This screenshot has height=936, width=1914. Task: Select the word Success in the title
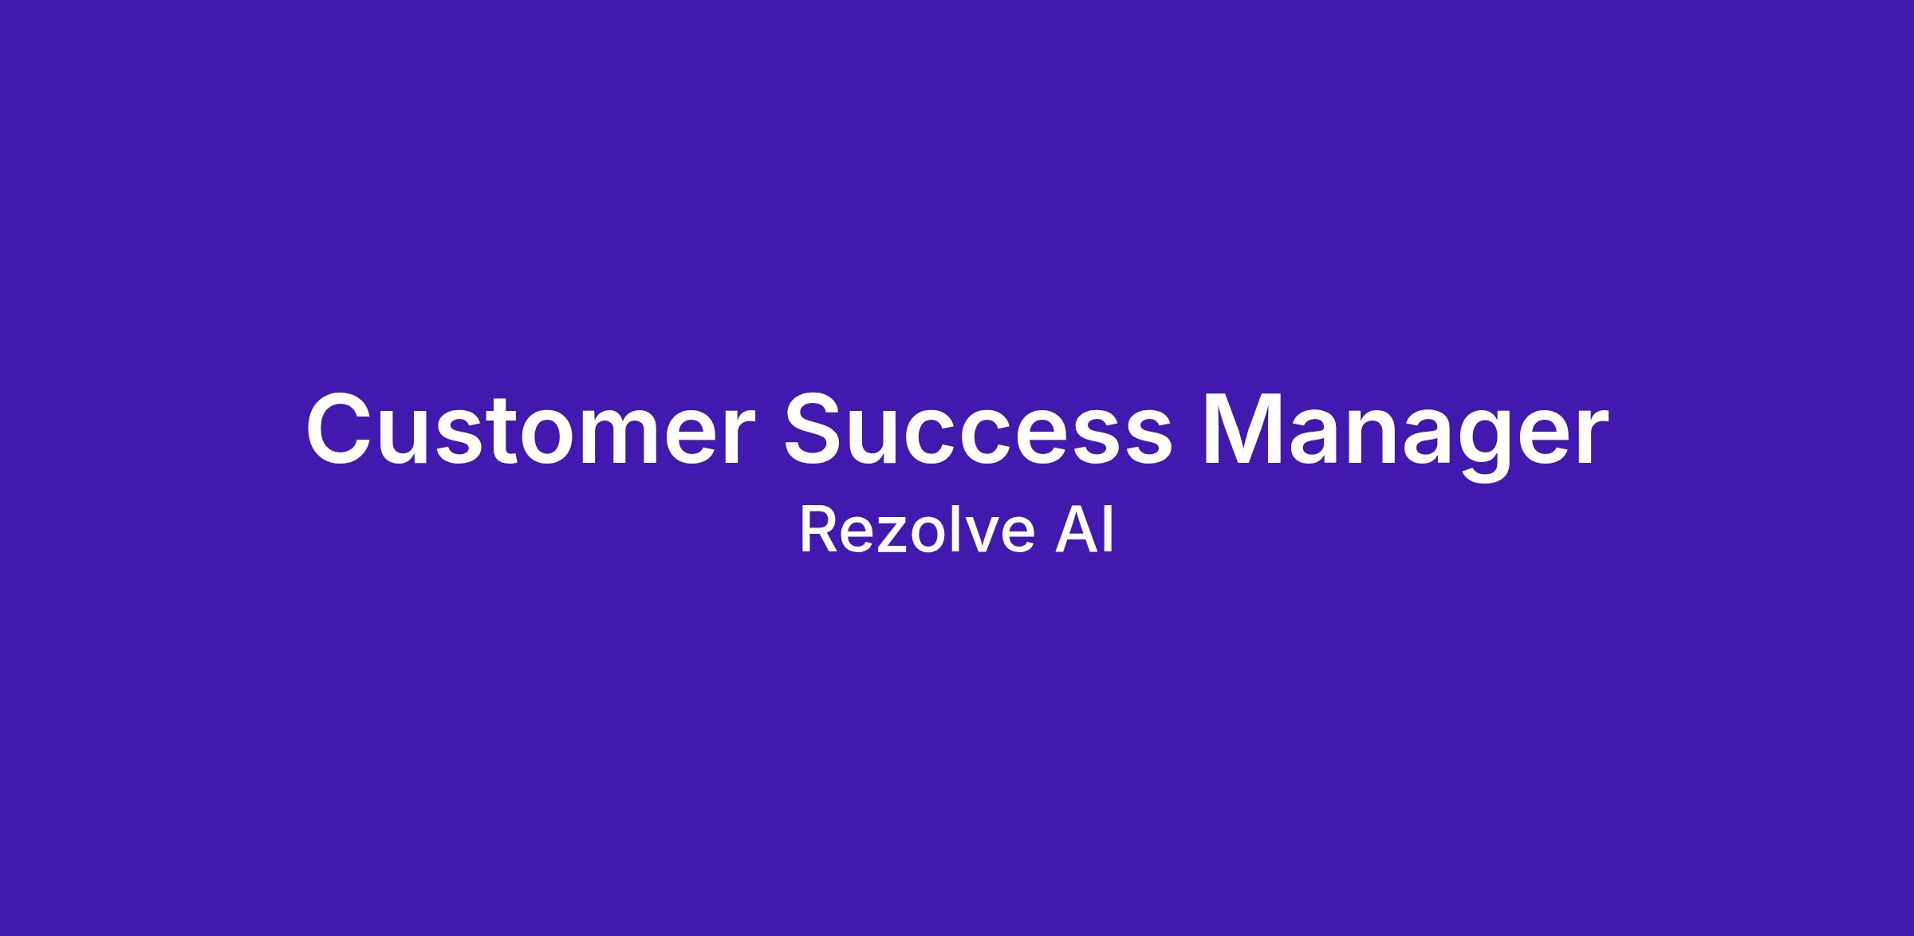click(979, 429)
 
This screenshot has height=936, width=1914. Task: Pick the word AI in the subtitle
click(1084, 531)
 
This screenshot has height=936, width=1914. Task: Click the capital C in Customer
click(341, 429)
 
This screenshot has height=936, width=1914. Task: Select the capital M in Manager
click(1240, 429)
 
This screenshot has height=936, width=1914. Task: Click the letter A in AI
click(1074, 531)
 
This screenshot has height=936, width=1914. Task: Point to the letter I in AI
click(1109, 531)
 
